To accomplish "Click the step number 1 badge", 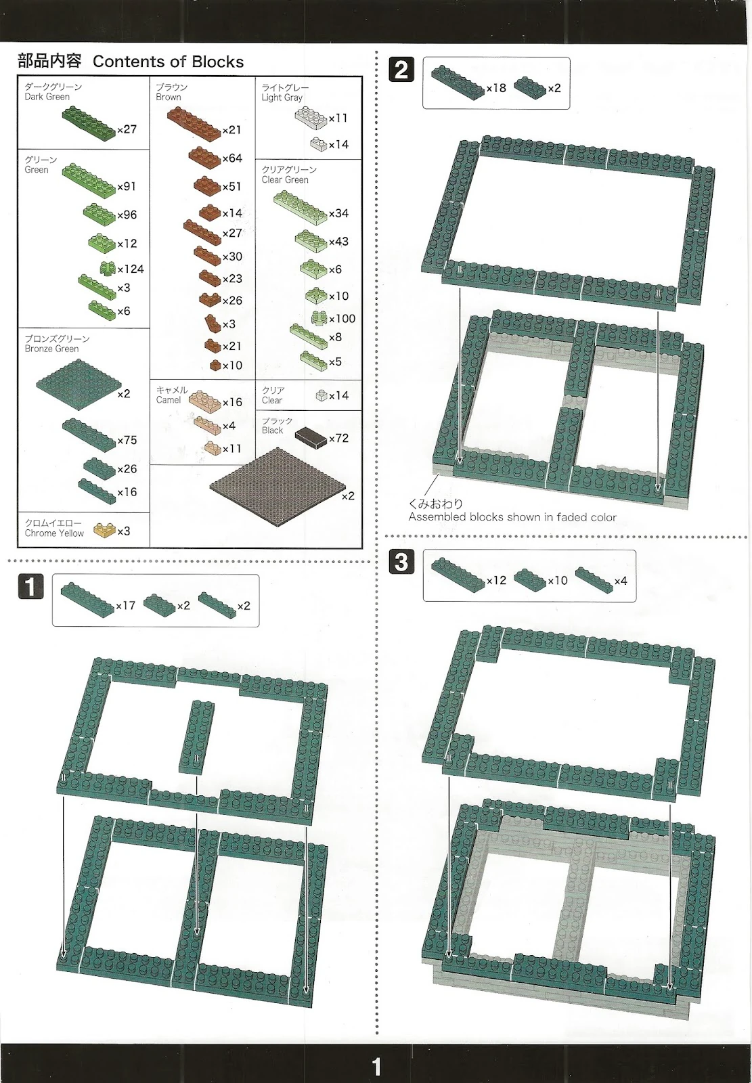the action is (x=30, y=587).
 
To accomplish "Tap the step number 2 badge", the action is (x=401, y=70).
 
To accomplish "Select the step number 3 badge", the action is (x=401, y=562).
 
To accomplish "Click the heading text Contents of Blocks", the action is (x=168, y=62).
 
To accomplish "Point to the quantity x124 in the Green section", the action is (x=131, y=269).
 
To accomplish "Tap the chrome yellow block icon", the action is (x=104, y=529).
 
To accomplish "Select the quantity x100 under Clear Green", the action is (x=342, y=319).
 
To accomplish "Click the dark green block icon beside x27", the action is (x=89, y=123).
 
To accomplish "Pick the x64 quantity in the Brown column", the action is (x=232, y=158).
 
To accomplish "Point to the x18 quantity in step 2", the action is (x=496, y=88).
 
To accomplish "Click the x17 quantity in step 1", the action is (x=125, y=606).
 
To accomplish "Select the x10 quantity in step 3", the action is (x=558, y=581).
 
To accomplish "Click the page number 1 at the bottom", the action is (x=376, y=1067).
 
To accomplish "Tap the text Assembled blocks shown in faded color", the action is (x=512, y=517).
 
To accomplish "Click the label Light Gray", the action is (x=282, y=97).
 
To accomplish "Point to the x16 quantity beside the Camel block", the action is (x=232, y=402).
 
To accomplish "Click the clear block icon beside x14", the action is (x=322, y=395).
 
